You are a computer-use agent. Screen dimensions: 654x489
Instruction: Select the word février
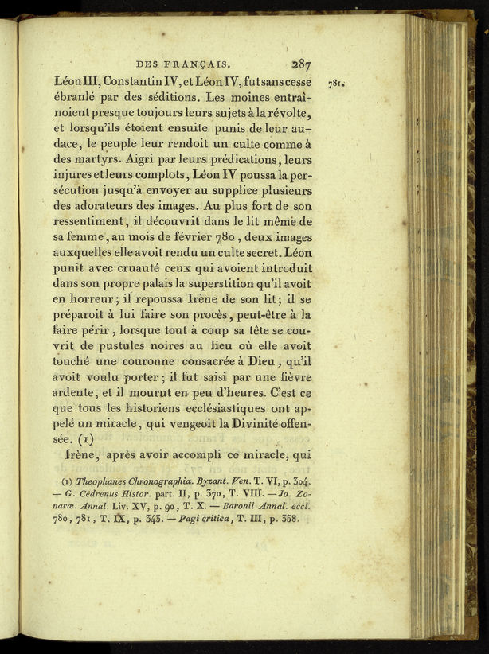coord(200,238)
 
